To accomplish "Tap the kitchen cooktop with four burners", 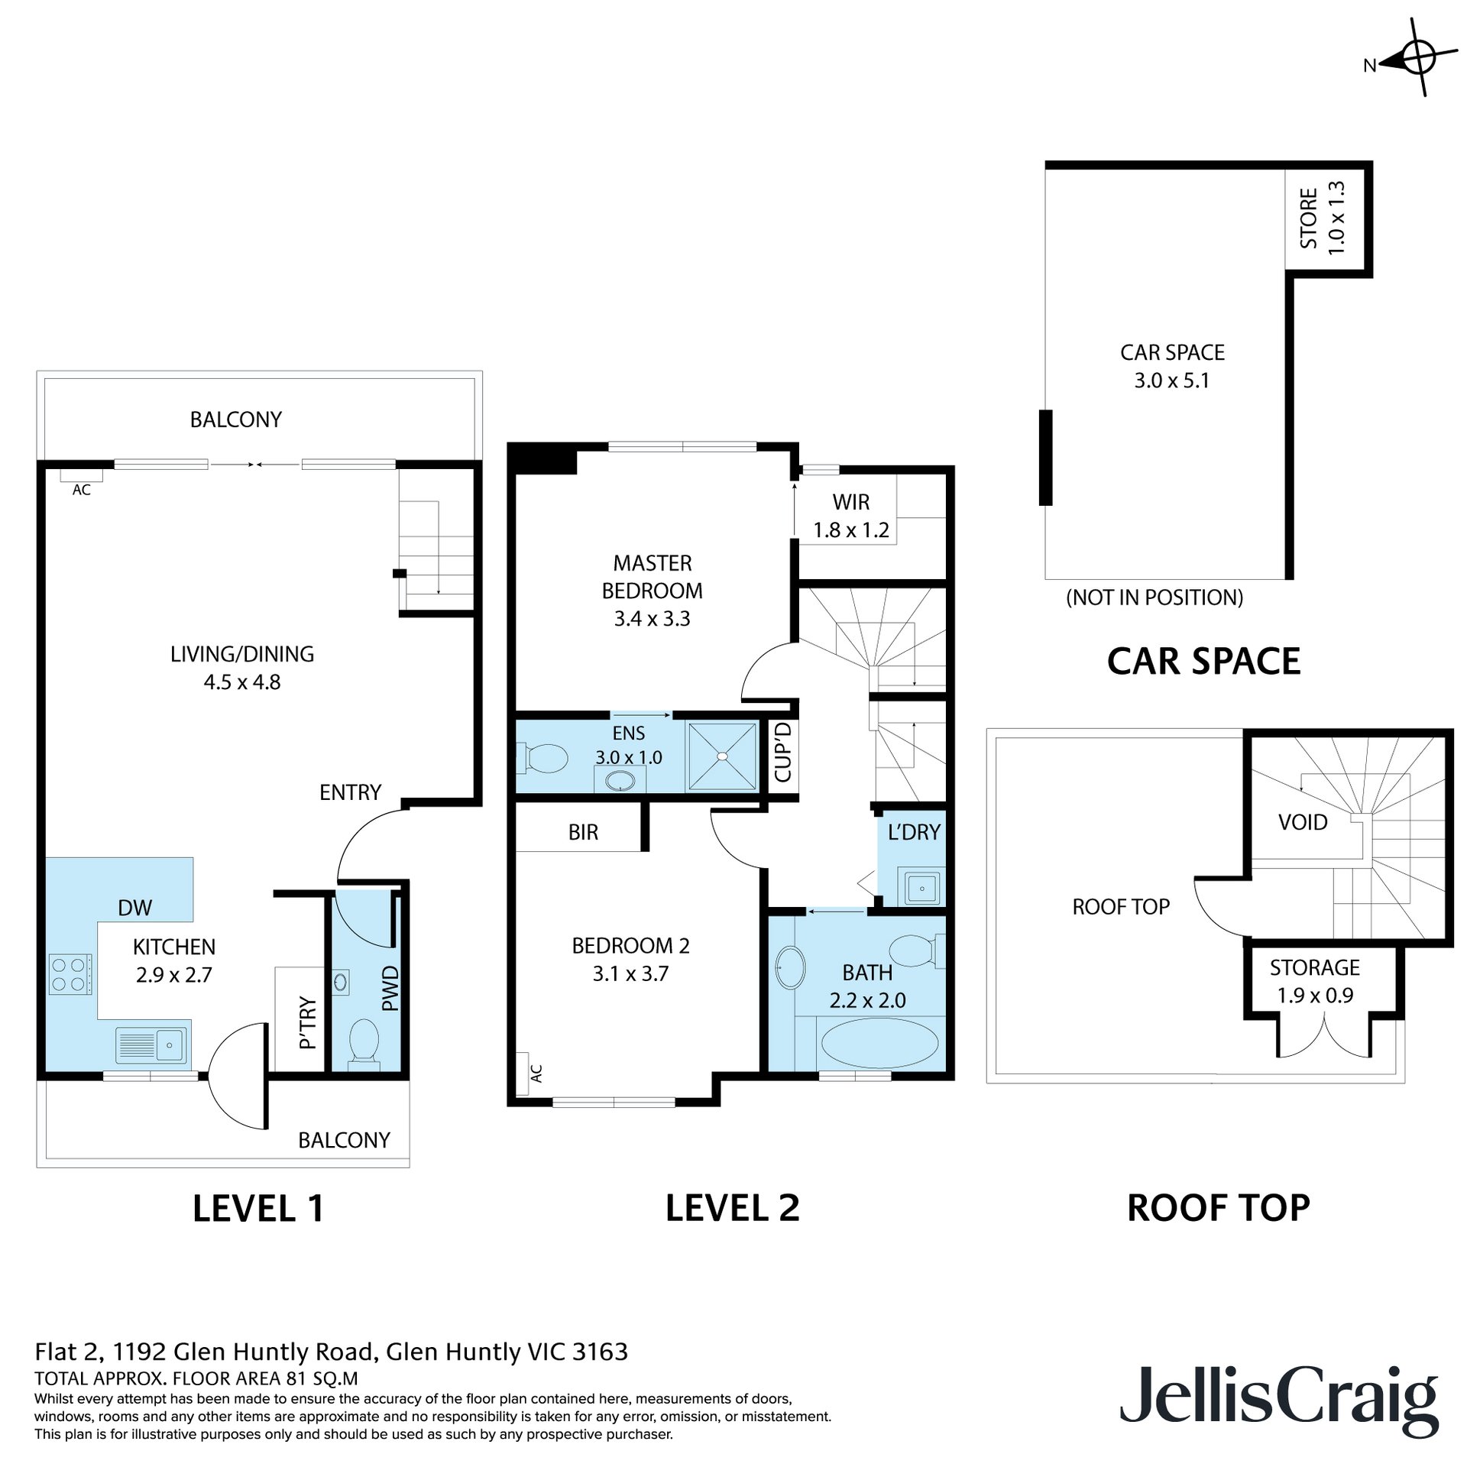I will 70,974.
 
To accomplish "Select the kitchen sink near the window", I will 152,1044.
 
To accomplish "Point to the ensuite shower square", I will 722,756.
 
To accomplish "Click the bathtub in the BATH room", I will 878,1042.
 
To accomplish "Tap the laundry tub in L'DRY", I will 922,889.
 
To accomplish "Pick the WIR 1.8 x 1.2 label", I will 850,516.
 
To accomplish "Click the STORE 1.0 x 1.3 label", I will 1322,218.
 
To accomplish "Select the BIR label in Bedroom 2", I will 583,832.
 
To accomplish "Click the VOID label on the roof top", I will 1302,822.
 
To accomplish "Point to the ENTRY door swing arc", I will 359,840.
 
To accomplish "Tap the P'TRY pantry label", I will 307,1022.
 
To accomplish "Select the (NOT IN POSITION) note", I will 1154,597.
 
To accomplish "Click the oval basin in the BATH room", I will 789,967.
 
